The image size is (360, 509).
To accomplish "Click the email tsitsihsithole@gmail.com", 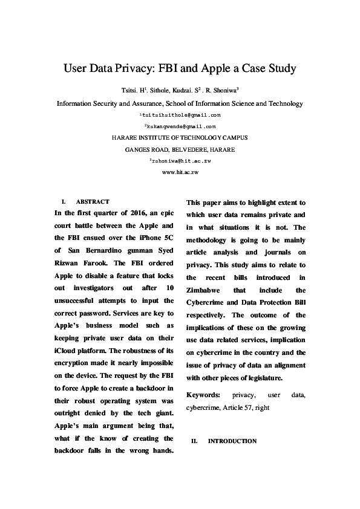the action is pos(180,114).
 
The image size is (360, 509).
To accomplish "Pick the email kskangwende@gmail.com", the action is pos(180,126).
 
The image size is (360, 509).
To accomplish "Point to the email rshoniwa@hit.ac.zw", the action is pos(180,161).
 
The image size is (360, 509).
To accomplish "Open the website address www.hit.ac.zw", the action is pos(180,172).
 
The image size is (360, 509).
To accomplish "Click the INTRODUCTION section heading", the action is pos(232,441).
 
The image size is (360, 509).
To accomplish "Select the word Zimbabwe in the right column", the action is pos(206,290).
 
